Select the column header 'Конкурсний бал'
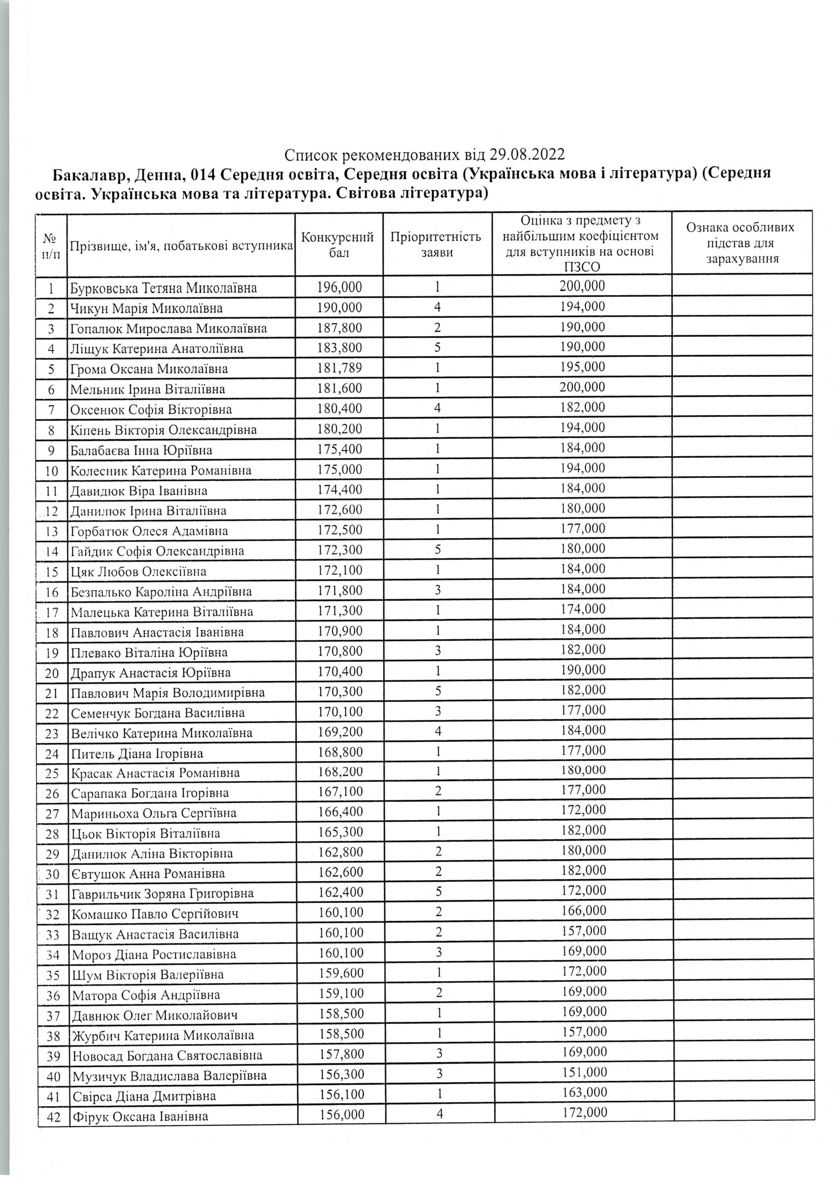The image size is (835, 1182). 337,245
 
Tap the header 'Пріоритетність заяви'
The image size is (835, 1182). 436,245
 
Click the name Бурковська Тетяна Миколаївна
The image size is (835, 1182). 163,288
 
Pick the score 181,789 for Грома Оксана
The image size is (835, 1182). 340,368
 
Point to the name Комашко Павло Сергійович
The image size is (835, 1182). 155,914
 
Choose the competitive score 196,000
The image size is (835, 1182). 340,287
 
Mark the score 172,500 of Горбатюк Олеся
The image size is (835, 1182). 340,530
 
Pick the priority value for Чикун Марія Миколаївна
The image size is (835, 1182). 437,308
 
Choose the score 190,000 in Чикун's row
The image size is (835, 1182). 340,308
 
